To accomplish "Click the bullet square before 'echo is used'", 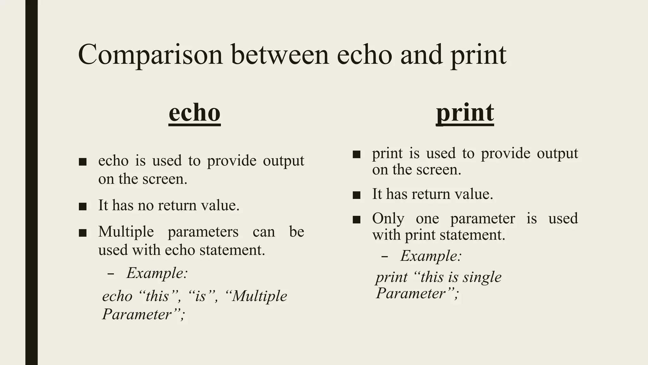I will [83, 162].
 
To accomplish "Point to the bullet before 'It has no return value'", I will [83, 207].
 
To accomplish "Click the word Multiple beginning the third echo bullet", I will [126, 232].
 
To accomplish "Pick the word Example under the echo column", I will [157, 273].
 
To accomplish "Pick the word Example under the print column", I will [431, 256].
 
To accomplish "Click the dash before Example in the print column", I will [384, 256].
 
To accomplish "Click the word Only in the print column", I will [388, 219].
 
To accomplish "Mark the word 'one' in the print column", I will [427, 219].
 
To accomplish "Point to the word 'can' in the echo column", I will [264, 232].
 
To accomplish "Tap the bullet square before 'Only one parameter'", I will [357, 220].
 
